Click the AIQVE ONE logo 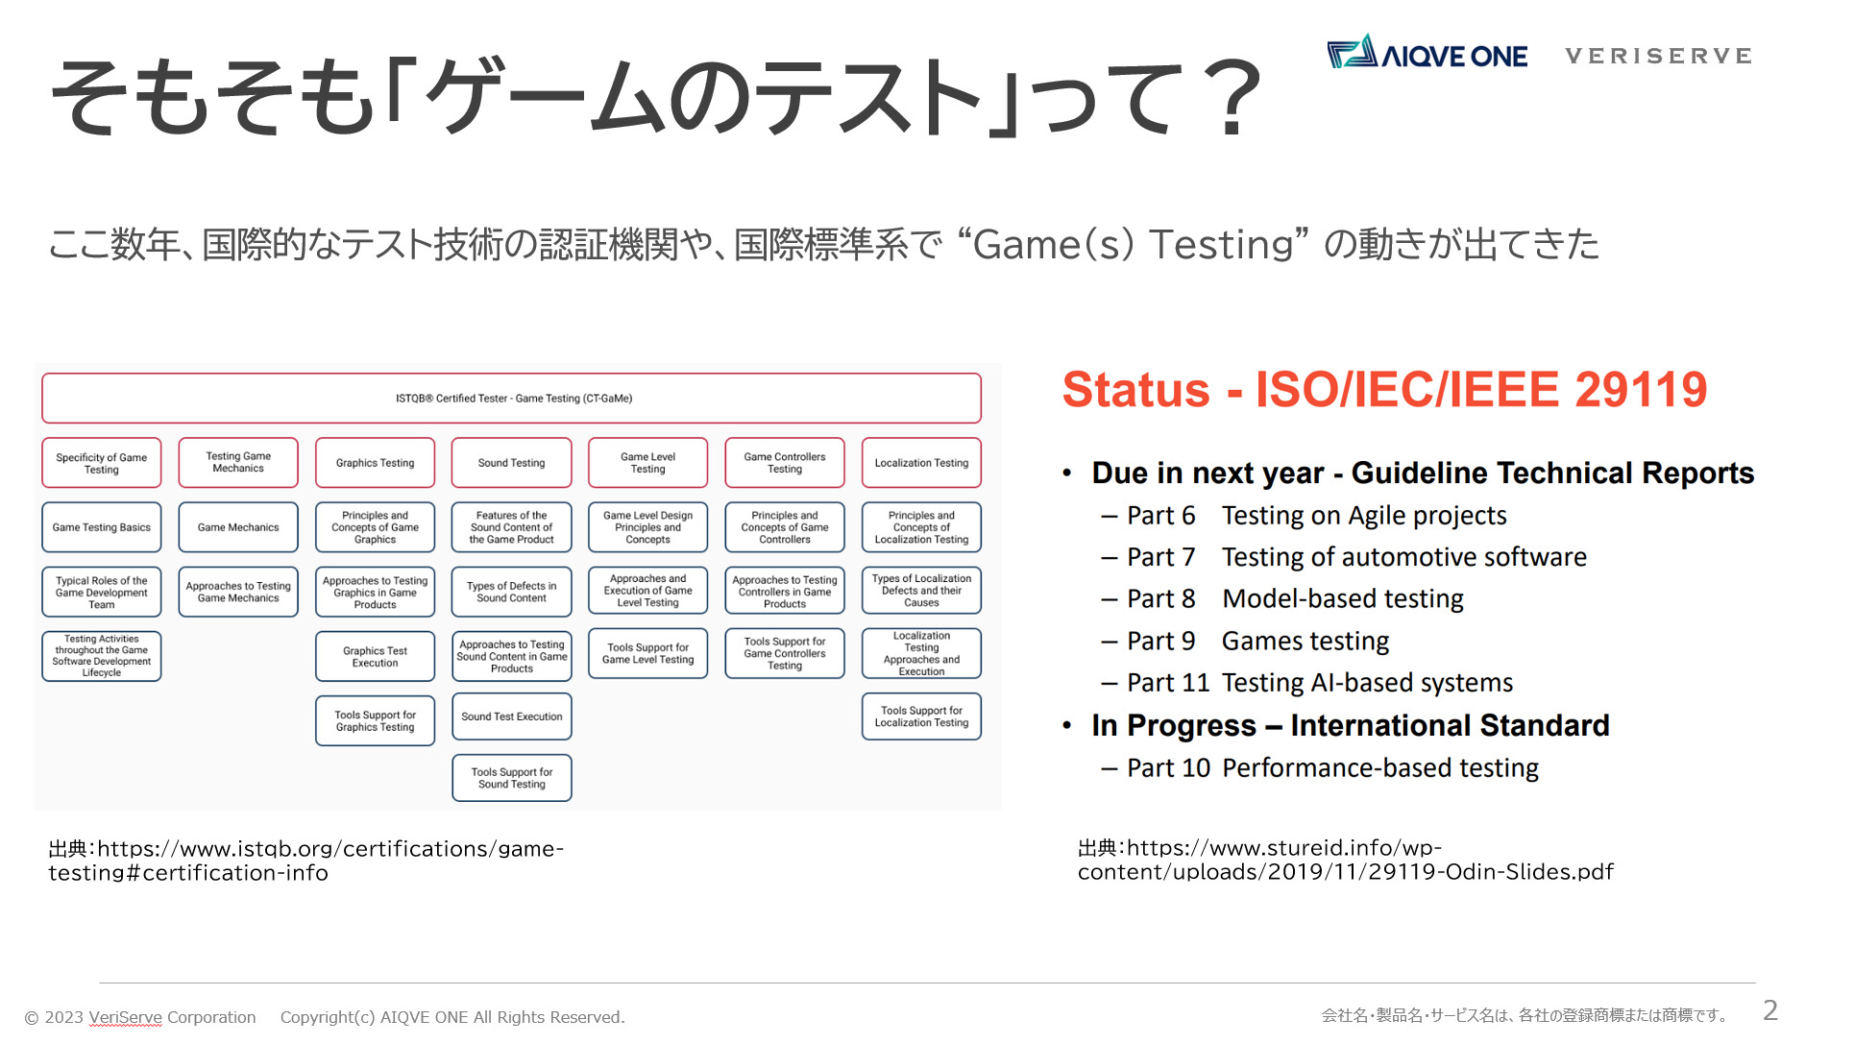click(x=1427, y=53)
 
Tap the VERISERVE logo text click(x=1658, y=56)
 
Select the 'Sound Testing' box click(x=511, y=463)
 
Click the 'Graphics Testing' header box click(x=375, y=463)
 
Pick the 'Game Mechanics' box click(x=238, y=527)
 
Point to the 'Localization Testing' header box click(x=921, y=463)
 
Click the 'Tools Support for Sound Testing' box click(x=512, y=778)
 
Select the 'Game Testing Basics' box click(x=102, y=527)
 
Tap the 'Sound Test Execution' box click(x=512, y=716)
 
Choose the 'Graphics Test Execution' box click(x=375, y=657)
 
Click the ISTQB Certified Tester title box click(x=511, y=399)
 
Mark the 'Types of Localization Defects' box click(x=921, y=591)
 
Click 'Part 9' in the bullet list click(x=1161, y=641)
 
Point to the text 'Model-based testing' click(x=1343, y=599)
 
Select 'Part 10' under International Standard click(x=1169, y=768)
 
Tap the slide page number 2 click(x=1770, y=1010)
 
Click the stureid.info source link click(x=1345, y=860)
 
